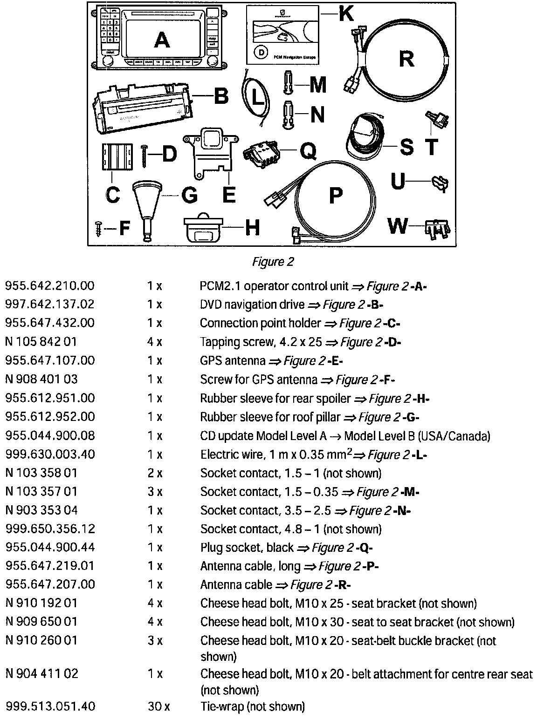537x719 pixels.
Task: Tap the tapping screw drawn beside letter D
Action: pos(145,154)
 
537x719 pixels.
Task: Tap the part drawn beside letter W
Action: pos(437,229)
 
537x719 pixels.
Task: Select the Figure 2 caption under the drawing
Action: pos(273,262)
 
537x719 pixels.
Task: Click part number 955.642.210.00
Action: pos(50,285)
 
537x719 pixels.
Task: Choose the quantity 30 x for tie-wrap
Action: pos(158,706)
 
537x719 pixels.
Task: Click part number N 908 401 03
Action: pos(41,379)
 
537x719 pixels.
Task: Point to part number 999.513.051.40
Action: pos(50,706)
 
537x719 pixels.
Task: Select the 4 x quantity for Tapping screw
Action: pos(155,342)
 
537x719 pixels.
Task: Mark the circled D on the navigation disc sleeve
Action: pos(262,52)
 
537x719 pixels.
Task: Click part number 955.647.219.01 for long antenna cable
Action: pos(50,566)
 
